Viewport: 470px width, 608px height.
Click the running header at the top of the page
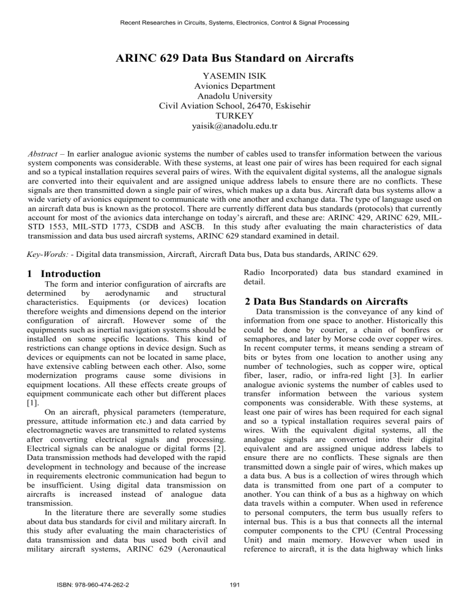coord(235,23)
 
